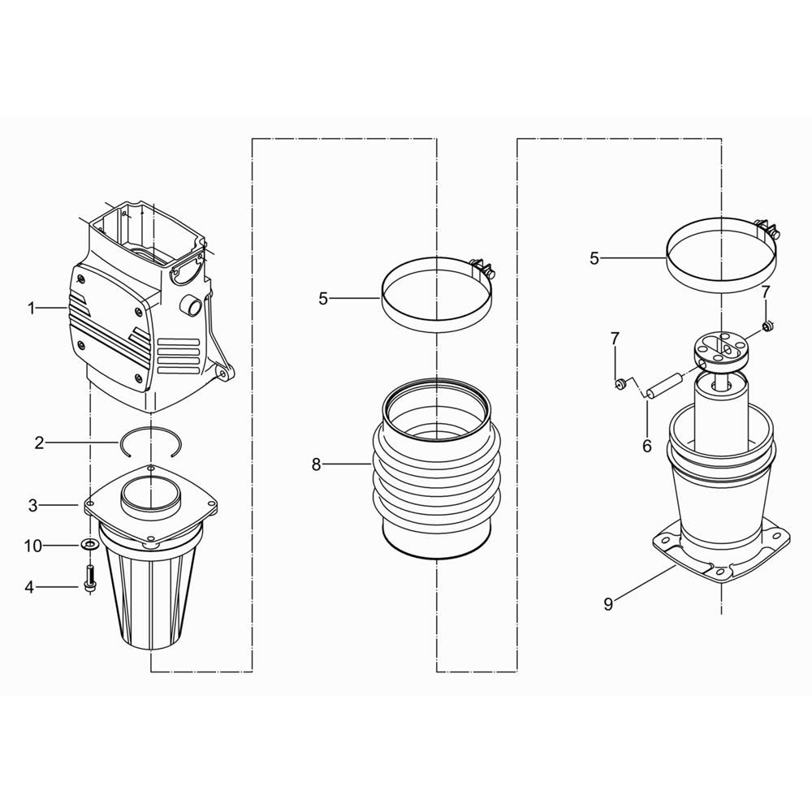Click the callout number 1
31,309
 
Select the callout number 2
39,443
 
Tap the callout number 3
33,505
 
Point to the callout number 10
33,546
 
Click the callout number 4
29,587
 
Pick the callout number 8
317,465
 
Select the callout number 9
608,604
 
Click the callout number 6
647,446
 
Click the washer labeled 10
89,545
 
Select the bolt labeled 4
89,580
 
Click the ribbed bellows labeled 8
436,469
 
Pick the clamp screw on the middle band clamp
482,267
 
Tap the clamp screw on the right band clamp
767,228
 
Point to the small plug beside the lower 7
619,384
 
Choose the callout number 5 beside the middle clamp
323,299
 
